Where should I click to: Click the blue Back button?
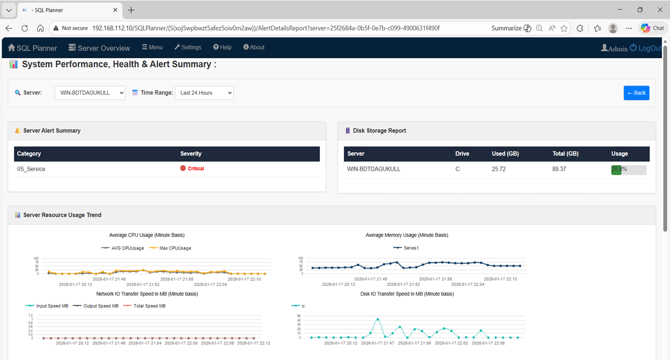(636, 93)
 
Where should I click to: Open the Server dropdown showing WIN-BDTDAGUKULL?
(90, 93)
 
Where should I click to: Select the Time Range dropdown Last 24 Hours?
(204, 93)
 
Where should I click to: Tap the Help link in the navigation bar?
(223, 48)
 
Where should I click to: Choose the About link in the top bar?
(254, 48)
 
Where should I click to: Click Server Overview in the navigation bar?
(99, 48)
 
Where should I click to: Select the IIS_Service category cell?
(31, 169)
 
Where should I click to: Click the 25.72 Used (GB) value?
(499, 169)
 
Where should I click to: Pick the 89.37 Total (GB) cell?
(559, 169)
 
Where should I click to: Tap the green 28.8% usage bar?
(616, 170)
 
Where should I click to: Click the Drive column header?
(462, 154)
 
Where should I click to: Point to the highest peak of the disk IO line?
(377, 319)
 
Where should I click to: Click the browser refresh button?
(25, 28)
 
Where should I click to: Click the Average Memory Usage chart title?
(407, 235)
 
